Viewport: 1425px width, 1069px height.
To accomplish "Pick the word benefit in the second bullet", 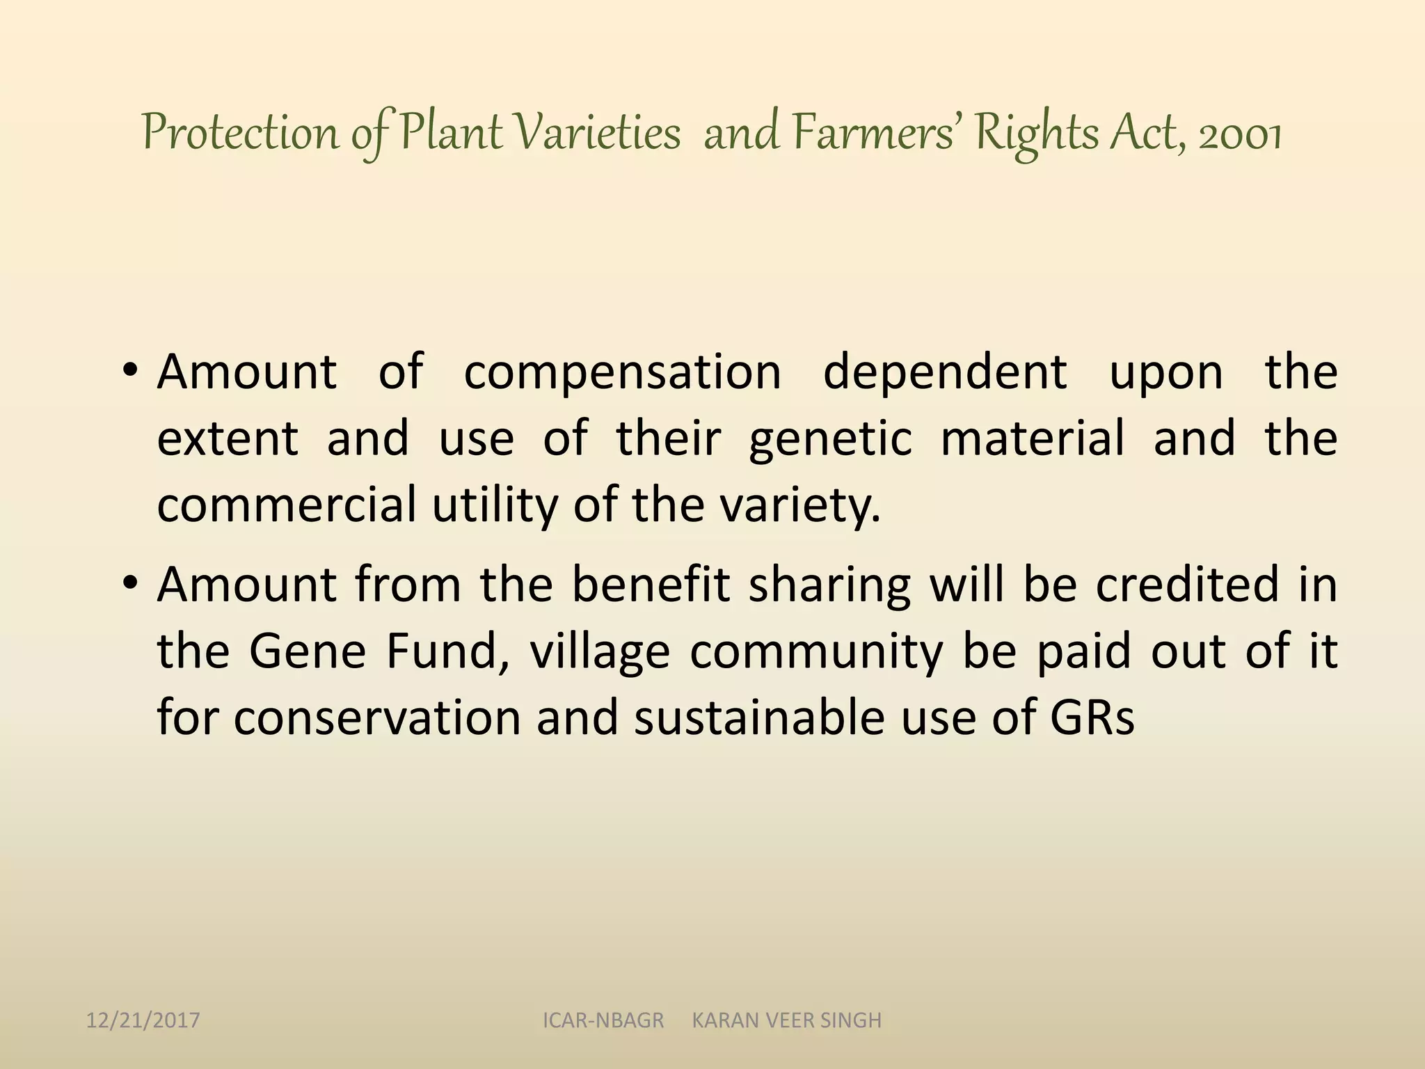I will (x=651, y=585).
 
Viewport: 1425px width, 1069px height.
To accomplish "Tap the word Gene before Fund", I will (x=308, y=651).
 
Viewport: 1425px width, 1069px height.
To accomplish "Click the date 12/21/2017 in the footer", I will (x=143, y=1020).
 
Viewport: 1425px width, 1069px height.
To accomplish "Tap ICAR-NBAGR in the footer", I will (x=603, y=1020).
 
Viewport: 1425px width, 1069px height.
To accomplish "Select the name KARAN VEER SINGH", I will (x=786, y=1020).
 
